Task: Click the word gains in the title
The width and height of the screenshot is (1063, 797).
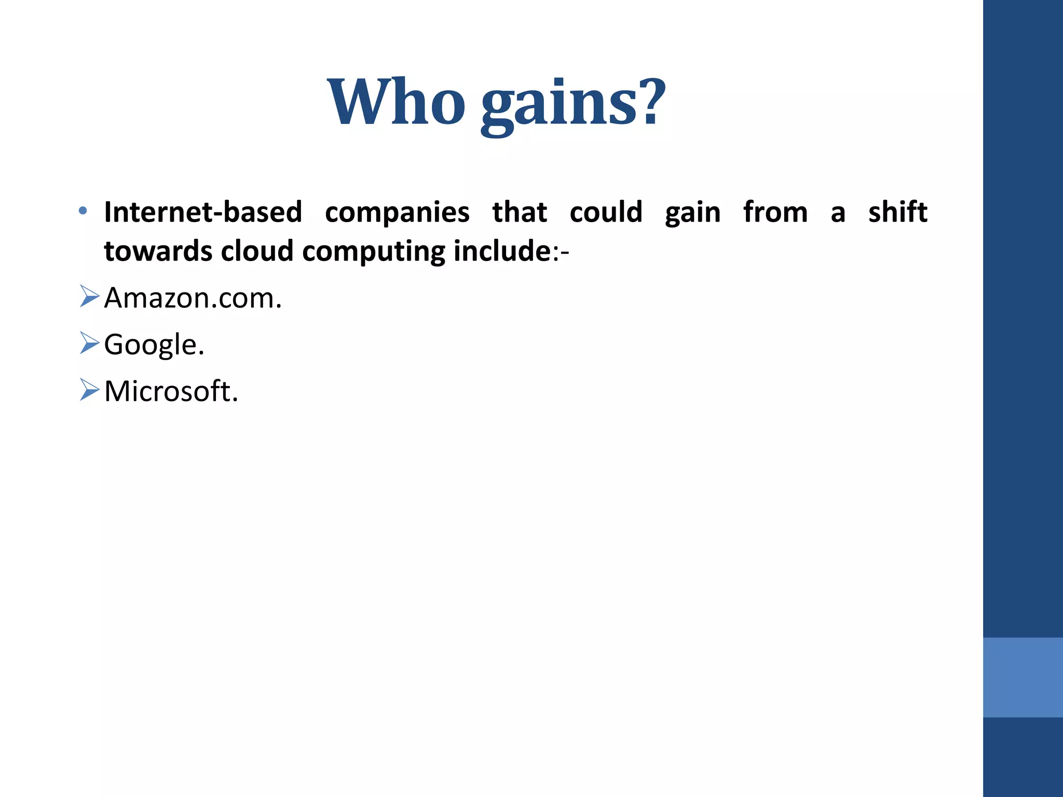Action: (x=558, y=104)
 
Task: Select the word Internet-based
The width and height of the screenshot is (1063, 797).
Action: (x=203, y=212)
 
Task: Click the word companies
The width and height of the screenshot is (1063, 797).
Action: (x=397, y=213)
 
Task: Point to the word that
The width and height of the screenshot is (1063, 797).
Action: (x=520, y=212)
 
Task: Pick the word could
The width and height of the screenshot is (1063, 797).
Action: (x=606, y=212)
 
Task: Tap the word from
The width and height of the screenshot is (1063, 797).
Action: (x=775, y=212)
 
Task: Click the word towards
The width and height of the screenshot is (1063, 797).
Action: (x=158, y=252)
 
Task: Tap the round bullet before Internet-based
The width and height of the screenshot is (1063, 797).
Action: (x=83, y=211)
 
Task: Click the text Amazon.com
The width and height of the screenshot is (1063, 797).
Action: (x=193, y=298)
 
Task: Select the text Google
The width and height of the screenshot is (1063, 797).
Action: (x=154, y=345)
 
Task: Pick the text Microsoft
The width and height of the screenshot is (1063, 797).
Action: (x=171, y=391)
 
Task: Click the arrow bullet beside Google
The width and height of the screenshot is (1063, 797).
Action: (x=89, y=343)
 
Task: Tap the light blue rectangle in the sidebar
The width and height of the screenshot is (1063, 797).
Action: (x=1023, y=677)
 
